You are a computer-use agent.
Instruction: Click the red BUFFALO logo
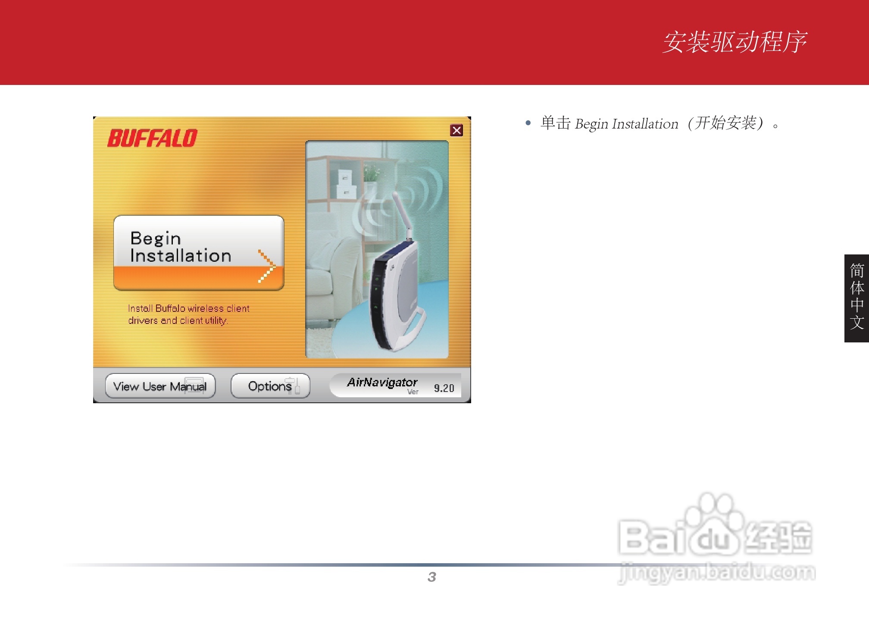click(152, 138)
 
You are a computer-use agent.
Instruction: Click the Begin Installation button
click(198, 253)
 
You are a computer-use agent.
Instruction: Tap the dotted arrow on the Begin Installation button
click(267, 267)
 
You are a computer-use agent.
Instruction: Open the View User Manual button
click(160, 386)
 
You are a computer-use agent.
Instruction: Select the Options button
click(270, 386)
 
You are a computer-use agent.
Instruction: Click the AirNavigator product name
click(382, 383)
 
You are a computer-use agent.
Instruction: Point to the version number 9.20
click(444, 388)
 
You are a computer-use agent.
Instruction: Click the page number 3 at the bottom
click(431, 577)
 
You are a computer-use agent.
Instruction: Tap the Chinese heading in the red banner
click(734, 42)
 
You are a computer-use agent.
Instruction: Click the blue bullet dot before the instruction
click(528, 123)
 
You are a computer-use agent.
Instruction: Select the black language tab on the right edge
click(856, 298)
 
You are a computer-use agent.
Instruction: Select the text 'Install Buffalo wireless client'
click(188, 308)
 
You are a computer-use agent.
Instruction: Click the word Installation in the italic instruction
click(645, 124)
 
